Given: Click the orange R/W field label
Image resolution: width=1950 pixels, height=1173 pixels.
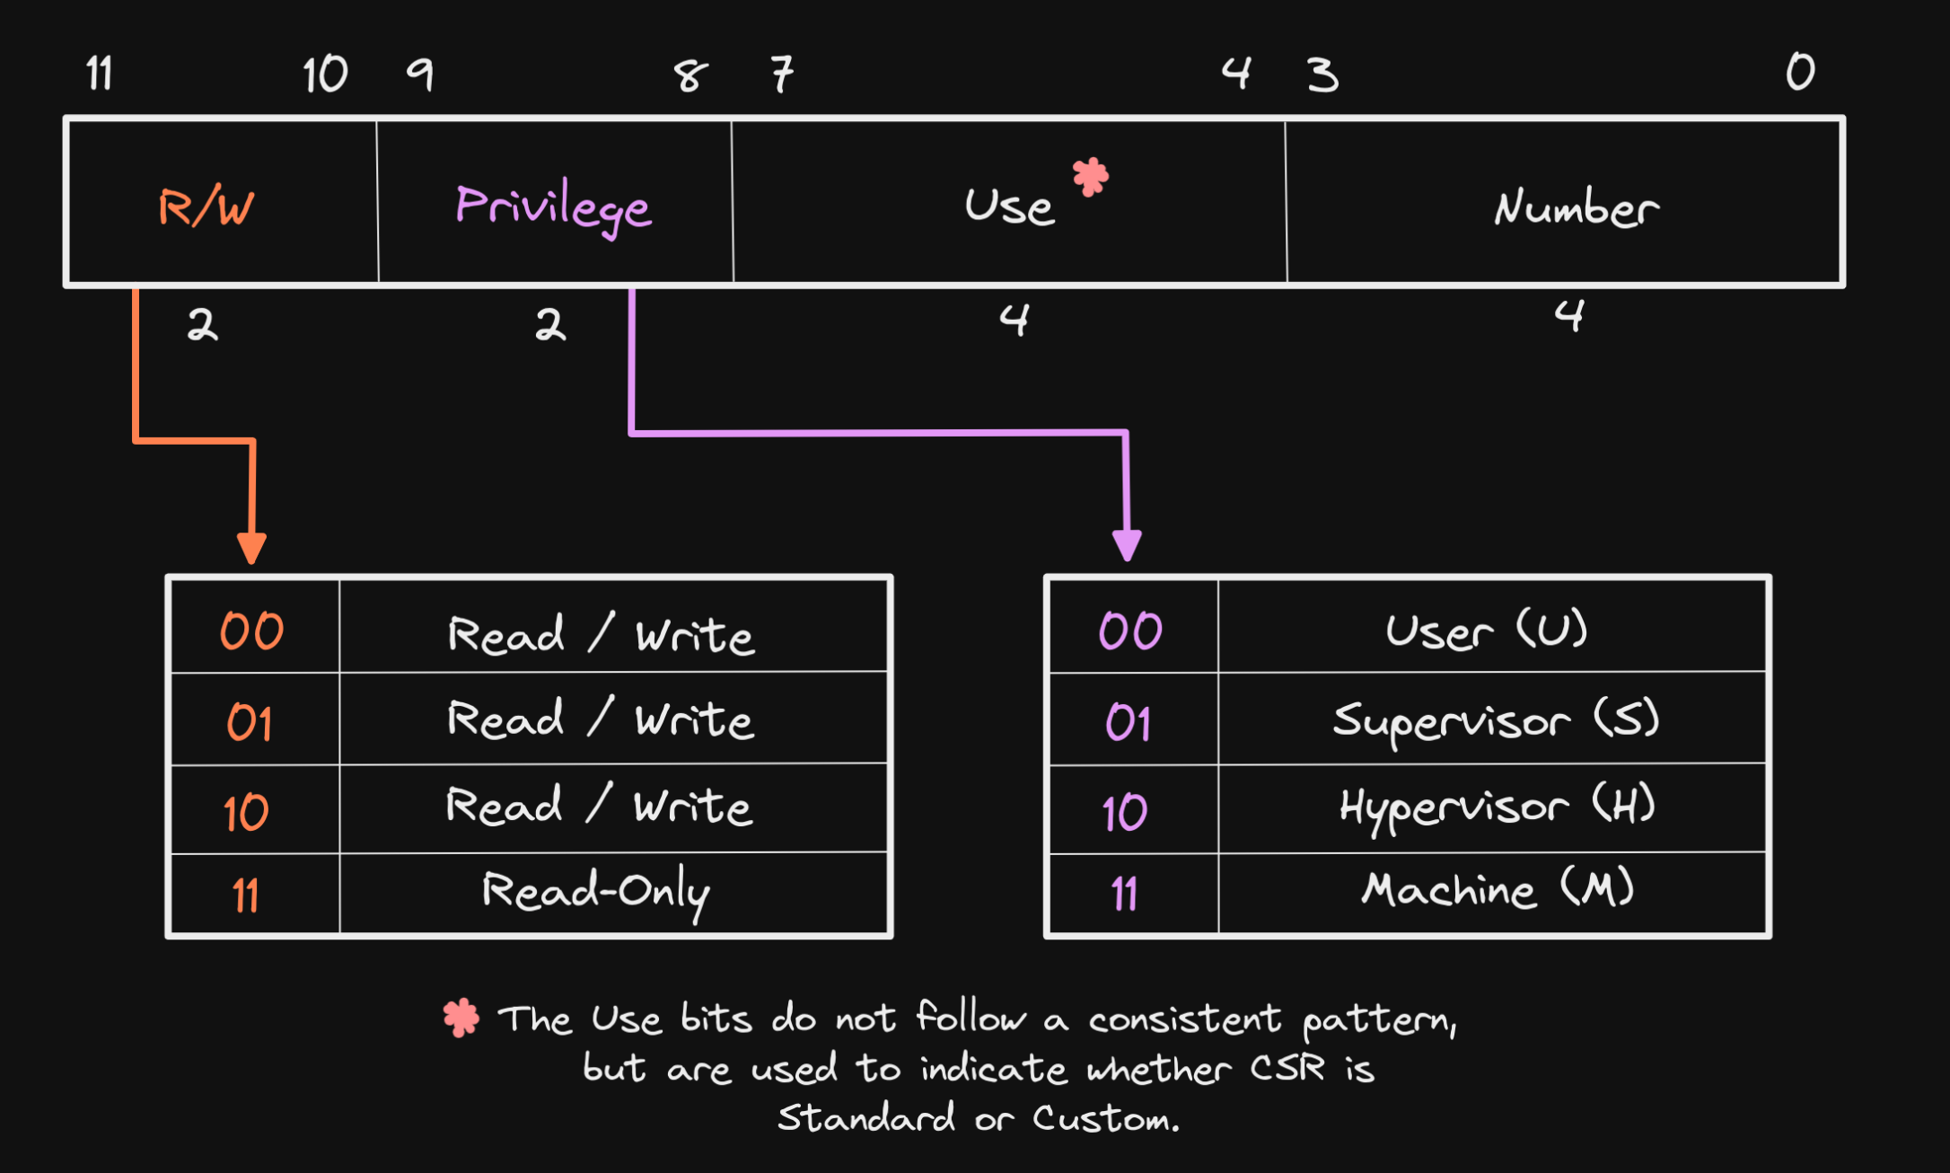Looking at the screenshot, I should pyautogui.click(x=206, y=207).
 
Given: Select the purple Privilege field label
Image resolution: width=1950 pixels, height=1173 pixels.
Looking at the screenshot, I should pyautogui.click(x=553, y=207).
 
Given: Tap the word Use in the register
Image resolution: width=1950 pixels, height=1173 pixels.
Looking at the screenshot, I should pyautogui.click(x=1009, y=207).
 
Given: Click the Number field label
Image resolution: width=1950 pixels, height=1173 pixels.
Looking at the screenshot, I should pyautogui.click(x=1576, y=208).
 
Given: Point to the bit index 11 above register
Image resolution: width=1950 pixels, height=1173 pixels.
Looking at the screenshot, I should pyautogui.click(x=100, y=74).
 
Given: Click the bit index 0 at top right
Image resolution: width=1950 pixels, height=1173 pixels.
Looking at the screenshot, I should pyautogui.click(x=1800, y=71).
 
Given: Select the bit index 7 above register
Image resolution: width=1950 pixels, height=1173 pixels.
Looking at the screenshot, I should pyautogui.click(x=782, y=74).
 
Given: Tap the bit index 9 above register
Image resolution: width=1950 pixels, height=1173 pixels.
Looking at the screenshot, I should pyautogui.click(x=420, y=74).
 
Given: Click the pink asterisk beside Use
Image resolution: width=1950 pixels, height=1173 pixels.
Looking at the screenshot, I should pyautogui.click(x=1091, y=176).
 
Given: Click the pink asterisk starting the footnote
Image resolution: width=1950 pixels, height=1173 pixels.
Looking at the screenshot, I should pyautogui.click(x=461, y=1018).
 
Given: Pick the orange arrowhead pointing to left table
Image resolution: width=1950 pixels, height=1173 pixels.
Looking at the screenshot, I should pyautogui.click(x=251, y=547).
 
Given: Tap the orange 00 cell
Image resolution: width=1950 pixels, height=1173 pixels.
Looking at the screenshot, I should pyautogui.click(x=252, y=631).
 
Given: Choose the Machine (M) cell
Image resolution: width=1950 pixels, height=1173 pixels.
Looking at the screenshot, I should pyautogui.click(x=1497, y=889).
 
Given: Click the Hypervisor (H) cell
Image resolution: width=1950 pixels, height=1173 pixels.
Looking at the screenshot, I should pyautogui.click(x=1497, y=807).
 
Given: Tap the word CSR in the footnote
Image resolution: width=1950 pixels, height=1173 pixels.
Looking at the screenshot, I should pyautogui.click(x=1287, y=1068).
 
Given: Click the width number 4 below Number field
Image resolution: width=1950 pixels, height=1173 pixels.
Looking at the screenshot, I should pyautogui.click(x=1568, y=315).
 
